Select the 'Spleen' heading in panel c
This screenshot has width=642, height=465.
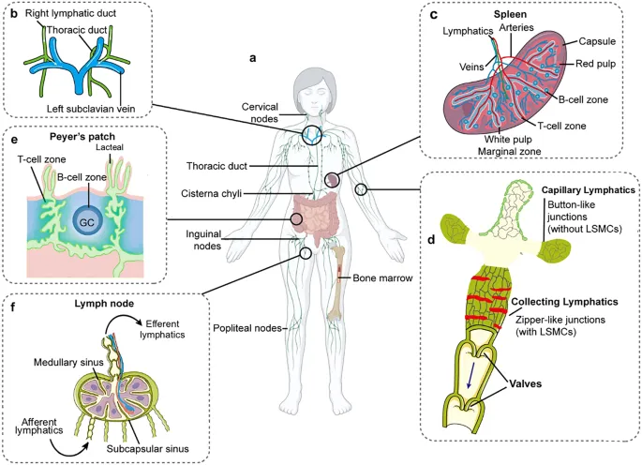(x=509, y=16)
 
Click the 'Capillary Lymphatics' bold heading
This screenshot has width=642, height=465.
(x=587, y=190)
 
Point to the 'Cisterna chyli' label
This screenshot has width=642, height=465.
(x=215, y=194)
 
